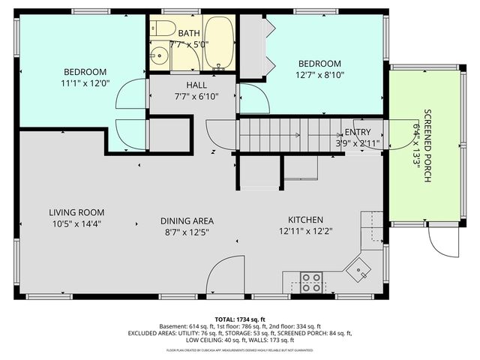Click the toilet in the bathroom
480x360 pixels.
(161, 30)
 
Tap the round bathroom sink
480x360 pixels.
(159, 57)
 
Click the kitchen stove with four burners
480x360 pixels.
(311, 282)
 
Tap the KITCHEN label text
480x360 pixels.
(306, 220)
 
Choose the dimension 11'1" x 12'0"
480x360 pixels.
(85, 83)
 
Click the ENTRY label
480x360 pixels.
(358, 132)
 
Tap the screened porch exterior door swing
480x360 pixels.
(441, 241)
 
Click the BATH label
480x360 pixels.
(188, 33)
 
